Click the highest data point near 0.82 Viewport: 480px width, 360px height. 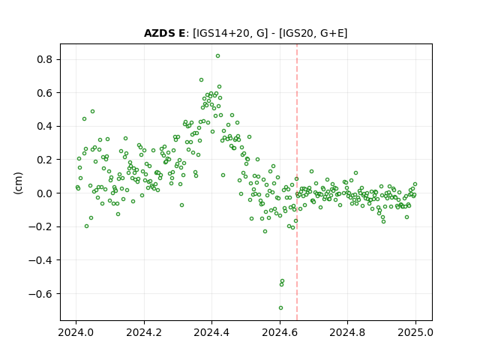217,56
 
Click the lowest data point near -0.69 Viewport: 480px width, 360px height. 280,308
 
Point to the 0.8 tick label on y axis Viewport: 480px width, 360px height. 44,59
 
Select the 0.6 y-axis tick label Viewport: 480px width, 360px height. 44,93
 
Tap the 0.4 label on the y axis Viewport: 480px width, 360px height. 44,126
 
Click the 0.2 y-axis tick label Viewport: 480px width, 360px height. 44,160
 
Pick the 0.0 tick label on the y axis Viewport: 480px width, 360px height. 44,193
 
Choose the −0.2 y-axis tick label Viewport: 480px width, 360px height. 40,226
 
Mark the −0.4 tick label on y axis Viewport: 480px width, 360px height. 40,260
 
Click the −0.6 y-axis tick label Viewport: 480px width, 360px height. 40,294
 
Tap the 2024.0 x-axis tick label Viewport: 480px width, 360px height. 76,332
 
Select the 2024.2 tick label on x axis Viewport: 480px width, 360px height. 144,332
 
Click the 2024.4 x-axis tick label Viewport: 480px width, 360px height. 211,332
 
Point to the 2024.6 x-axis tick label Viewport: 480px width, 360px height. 280,332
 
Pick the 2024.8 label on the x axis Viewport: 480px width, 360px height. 347,332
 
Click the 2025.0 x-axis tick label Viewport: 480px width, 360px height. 415,332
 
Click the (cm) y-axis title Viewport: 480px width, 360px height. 18,183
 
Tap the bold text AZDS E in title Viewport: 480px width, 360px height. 164,33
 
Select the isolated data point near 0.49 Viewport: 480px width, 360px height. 92,112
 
